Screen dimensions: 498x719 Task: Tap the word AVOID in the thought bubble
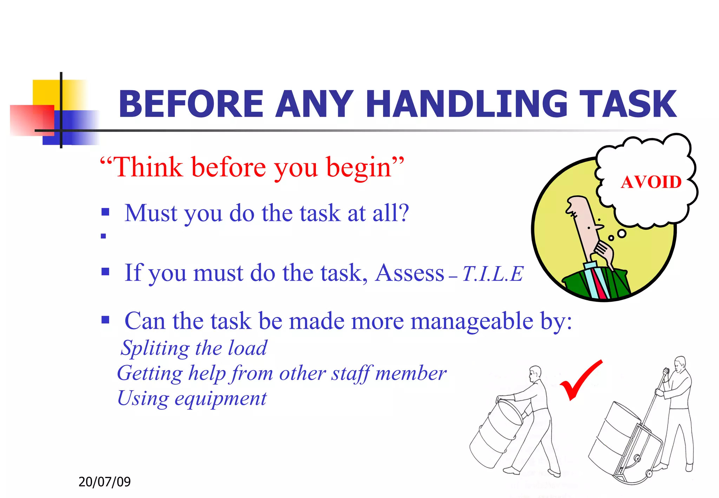pos(651,182)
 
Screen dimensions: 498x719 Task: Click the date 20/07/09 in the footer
pos(104,481)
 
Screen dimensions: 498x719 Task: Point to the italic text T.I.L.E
pos(493,274)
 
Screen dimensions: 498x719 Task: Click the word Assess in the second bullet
pos(409,273)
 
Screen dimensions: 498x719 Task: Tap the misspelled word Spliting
pos(155,348)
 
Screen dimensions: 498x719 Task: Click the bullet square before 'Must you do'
pos(105,212)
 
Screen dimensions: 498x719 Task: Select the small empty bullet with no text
pos(103,236)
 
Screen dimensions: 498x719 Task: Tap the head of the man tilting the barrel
pos(535,373)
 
